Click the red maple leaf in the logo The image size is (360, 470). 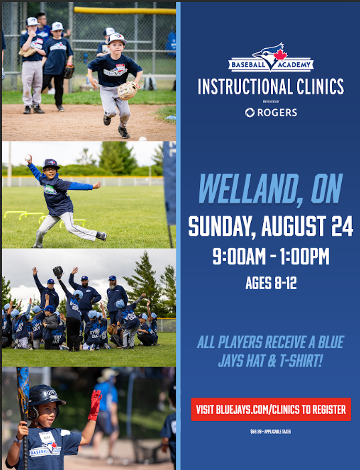pyautogui.click(x=280, y=54)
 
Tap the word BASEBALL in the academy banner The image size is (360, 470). pyautogui.click(x=248, y=65)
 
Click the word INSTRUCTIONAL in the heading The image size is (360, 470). pyautogui.click(x=246, y=86)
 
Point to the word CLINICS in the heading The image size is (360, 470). pyautogui.click(x=320, y=86)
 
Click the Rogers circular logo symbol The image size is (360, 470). pyautogui.click(x=250, y=112)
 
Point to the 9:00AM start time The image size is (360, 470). pyautogui.click(x=239, y=256)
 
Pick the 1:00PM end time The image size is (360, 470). pyautogui.click(x=304, y=256)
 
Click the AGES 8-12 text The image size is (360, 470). pyautogui.click(x=271, y=283)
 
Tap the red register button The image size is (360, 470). pyautogui.click(x=271, y=409)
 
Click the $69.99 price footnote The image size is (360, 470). pyautogui.click(x=271, y=432)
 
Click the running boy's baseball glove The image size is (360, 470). pyautogui.click(x=128, y=90)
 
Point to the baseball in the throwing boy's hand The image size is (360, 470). pyautogui.click(x=28, y=157)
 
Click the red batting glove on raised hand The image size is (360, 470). pyautogui.click(x=95, y=404)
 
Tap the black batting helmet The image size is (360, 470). pyautogui.click(x=45, y=398)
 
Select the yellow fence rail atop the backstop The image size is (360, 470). pyautogui.click(x=124, y=11)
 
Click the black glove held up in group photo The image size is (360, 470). pyautogui.click(x=58, y=272)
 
